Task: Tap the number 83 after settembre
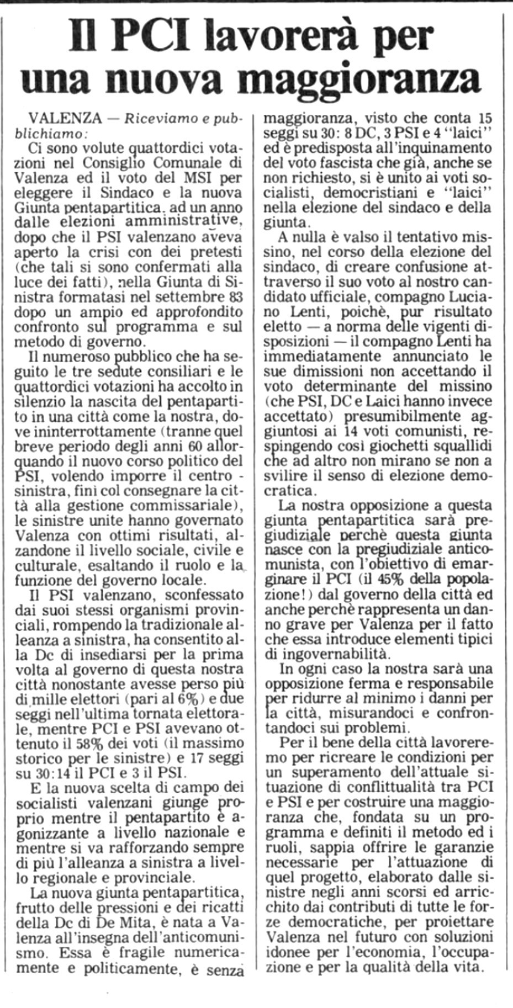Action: pos(235,297)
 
